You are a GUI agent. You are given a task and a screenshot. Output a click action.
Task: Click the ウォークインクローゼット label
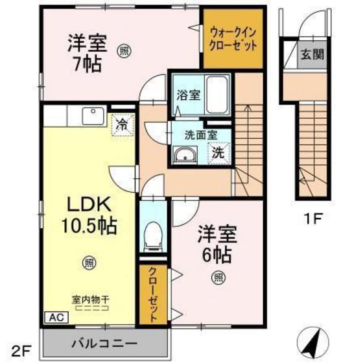pos(233,38)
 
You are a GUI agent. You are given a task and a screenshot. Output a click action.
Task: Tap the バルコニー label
pos(103,341)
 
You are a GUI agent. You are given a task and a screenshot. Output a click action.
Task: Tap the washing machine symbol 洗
pos(219,154)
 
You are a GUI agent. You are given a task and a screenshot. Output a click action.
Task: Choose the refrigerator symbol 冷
pos(121,123)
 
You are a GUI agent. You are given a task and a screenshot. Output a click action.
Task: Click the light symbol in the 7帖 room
pos(123,49)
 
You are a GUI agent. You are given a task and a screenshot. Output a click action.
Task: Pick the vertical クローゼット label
pos(154,294)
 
